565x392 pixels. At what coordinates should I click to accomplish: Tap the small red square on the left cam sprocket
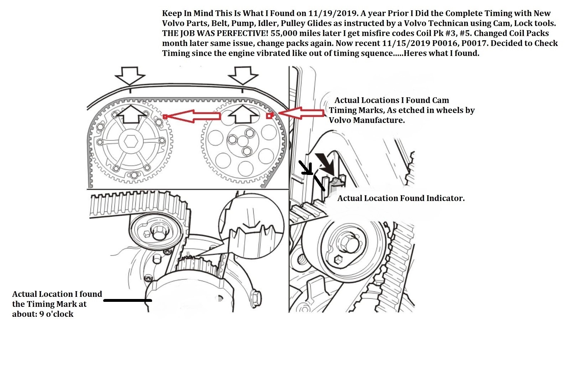[x=165, y=117]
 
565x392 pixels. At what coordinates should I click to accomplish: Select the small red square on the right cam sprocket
[x=269, y=115]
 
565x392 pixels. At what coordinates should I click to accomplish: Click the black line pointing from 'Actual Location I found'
[x=128, y=300]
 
